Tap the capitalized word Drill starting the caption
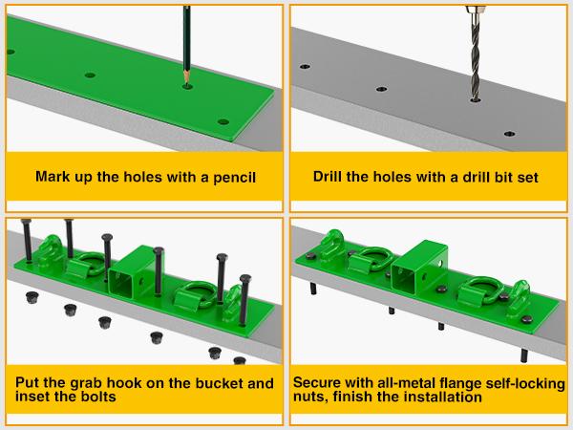(x=330, y=178)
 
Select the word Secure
(x=322, y=383)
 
